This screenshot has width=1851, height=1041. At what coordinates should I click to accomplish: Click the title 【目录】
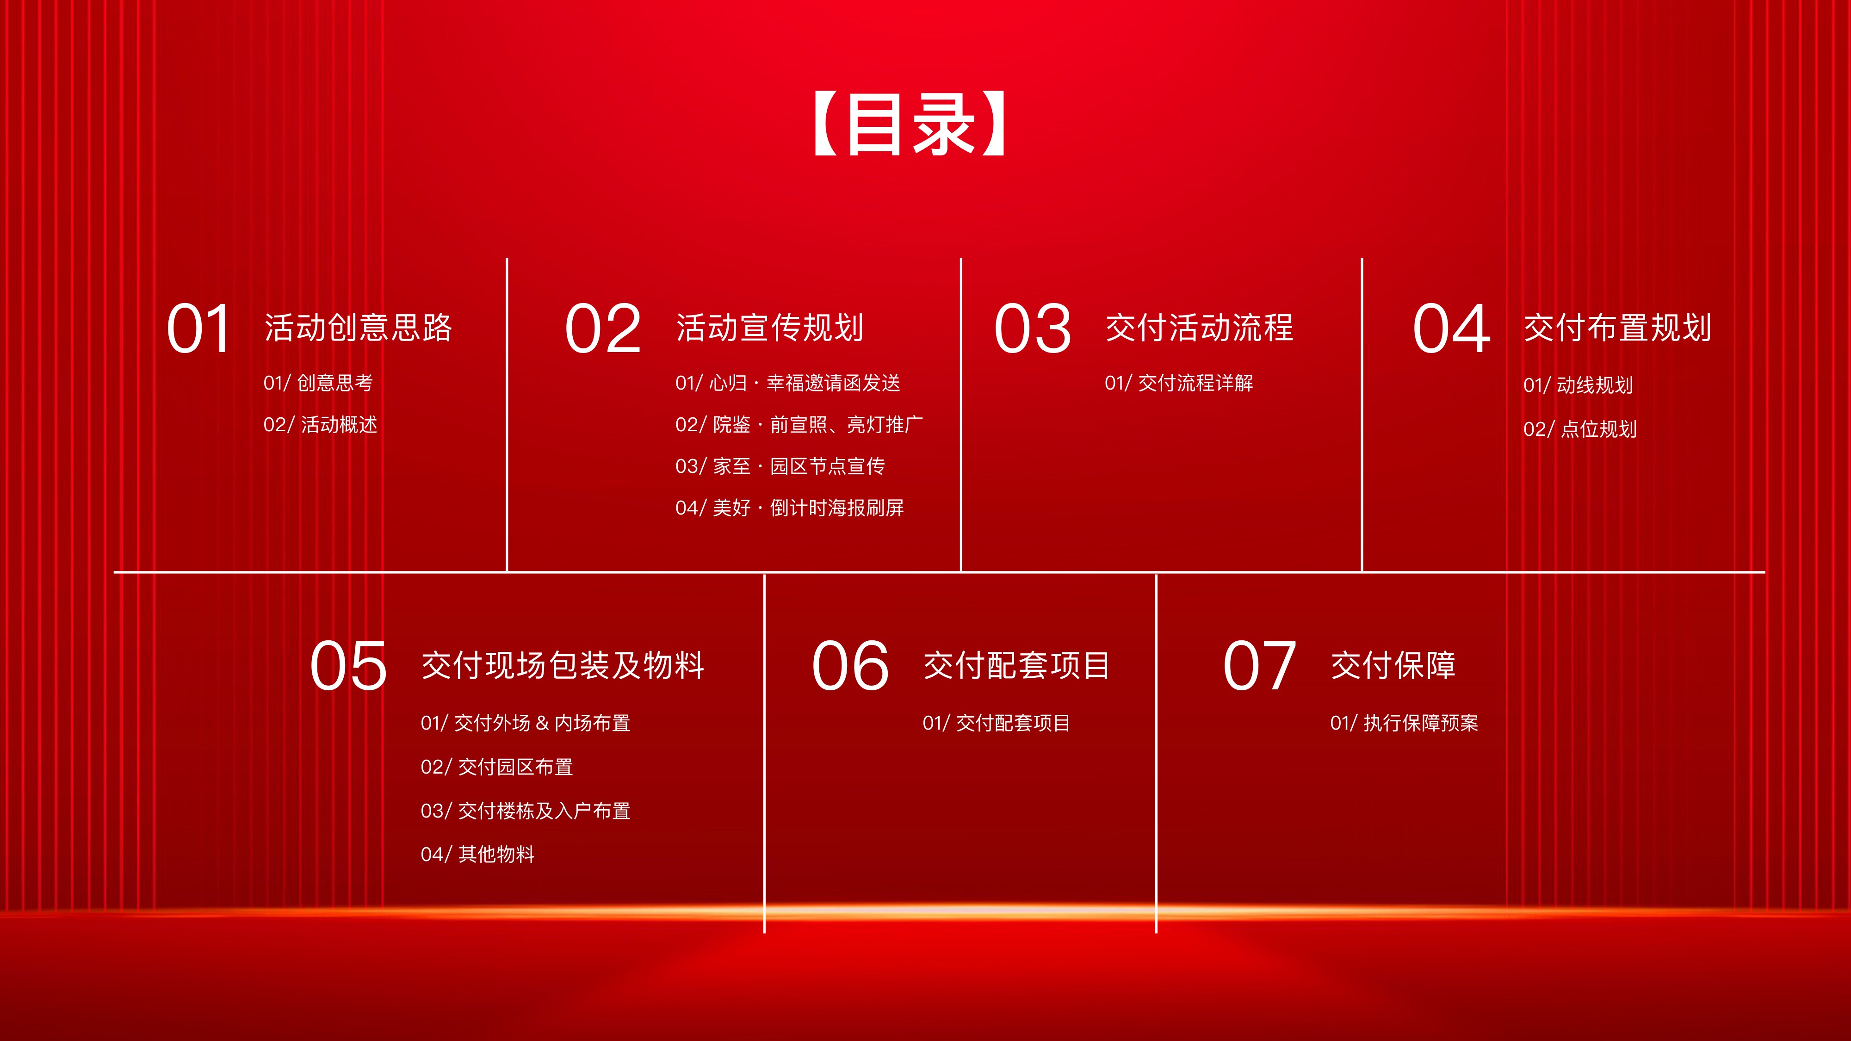909,124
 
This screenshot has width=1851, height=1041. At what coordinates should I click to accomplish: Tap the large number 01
198,328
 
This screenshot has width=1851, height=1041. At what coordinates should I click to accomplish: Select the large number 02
602,328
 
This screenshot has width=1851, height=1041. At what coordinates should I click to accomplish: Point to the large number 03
1033,328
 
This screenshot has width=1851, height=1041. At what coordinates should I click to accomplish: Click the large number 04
1451,328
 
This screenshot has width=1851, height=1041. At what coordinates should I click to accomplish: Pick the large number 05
348,666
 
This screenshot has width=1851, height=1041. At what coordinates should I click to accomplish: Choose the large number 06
850,666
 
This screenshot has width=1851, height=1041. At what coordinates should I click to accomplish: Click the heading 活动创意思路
358,328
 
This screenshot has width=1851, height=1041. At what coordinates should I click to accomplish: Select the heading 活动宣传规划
769,328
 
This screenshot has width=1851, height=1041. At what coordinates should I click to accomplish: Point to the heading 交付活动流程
1199,328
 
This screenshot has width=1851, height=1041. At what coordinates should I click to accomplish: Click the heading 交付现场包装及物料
563,665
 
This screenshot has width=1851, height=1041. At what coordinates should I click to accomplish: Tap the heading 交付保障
1393,665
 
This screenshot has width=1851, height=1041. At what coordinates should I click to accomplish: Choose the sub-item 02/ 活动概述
321,425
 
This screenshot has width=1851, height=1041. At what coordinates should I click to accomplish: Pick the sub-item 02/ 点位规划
1580,429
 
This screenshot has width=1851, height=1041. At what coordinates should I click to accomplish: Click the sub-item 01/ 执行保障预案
1405,723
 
